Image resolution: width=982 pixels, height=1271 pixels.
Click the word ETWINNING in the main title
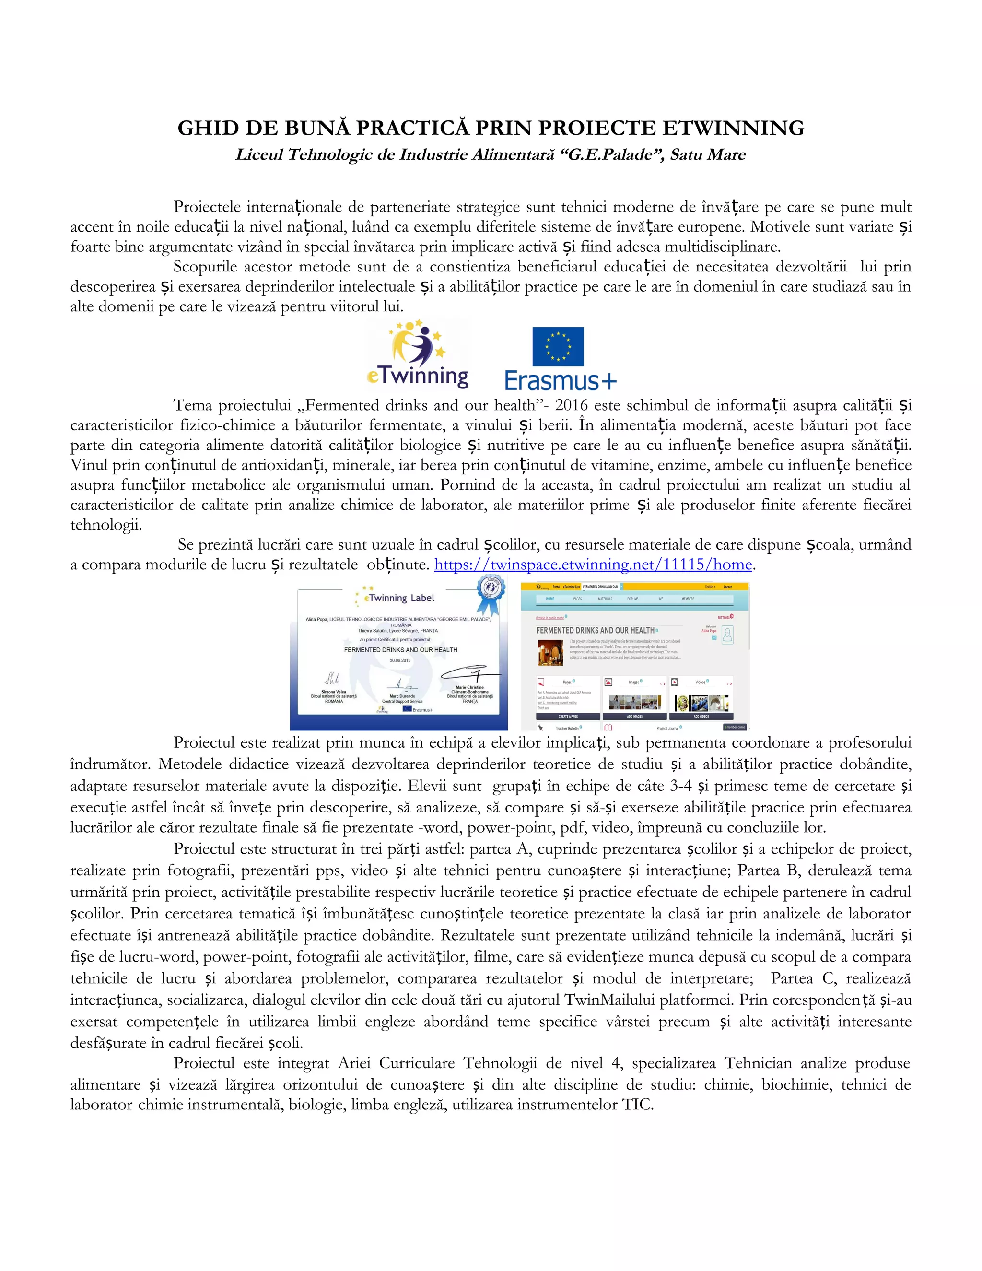pos(733,128)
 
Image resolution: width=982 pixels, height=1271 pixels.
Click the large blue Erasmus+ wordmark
pos(560,381)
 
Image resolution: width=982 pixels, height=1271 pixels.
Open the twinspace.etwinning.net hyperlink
pos(594,565)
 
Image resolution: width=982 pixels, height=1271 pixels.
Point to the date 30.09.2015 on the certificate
pos(400,660)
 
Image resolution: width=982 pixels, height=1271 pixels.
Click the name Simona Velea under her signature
pos(333,692)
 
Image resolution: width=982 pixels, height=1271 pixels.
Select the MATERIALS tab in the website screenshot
pos(605,599)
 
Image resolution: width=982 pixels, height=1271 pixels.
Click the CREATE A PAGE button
pos(568,717)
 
